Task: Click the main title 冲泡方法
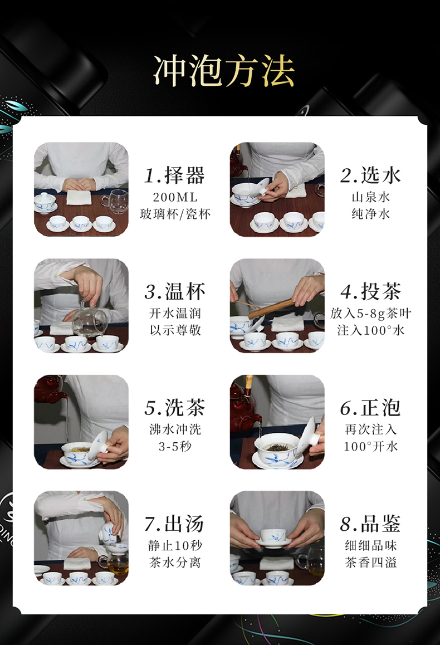(224, 71)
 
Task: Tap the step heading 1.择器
(175, 175)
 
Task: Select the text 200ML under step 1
(175, 197)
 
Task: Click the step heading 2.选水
(370, 175)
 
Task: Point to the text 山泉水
(370, 197)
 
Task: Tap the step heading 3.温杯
(175, 292)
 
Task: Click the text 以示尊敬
(175, 330)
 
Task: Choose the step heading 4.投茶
(370, 292)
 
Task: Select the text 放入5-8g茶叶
(370, 314)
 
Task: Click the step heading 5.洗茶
(175, 408)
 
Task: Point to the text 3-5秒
(175, 446)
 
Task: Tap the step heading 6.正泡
(370, 408)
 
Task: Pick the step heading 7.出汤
(175, 524)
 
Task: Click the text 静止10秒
(175, 546)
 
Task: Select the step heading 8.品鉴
(370, 524)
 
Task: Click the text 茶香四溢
(370, 563)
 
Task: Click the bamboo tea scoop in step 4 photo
(271, 309)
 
